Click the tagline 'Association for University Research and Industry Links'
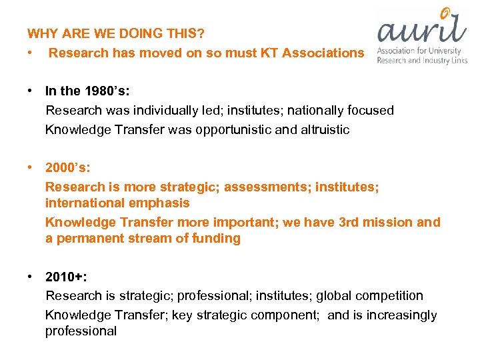(421, 55)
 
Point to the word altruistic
(320, 129)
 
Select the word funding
(213, 238)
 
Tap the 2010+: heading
(67, 277)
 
